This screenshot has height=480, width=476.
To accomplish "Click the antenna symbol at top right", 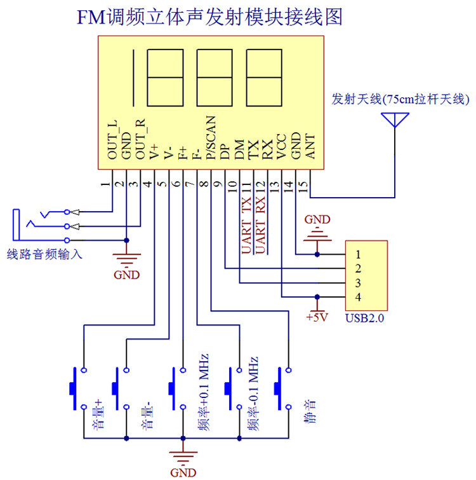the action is [x=395, y=120].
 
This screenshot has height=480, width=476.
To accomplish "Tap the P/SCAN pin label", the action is [x=211, y=138].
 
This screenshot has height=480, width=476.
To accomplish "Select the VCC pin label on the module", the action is [x=281, y=147].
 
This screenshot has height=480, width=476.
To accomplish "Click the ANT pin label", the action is [x=310, y=147].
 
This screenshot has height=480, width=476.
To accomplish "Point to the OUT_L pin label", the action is [x=112, y=140].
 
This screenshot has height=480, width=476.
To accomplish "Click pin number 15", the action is [x=303, y=186].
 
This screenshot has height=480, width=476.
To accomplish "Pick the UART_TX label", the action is [x=246, y=225].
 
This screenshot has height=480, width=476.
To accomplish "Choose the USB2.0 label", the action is [x=364, y=318].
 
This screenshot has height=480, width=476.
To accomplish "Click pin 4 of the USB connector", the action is [x=358, y=297].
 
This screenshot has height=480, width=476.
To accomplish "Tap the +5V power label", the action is [x=317, y=317].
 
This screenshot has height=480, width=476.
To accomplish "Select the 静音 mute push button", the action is [x=282, y=388].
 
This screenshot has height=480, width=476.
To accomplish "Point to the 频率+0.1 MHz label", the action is [x=204, y=392].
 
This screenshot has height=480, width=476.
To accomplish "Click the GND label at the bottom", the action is [x=183, y=473].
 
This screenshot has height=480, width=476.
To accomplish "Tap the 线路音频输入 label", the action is [x=44, y=254].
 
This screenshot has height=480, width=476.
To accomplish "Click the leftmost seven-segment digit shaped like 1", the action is [x=133, y=78].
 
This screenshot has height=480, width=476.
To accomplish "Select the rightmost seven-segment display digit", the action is [x=264, y=78].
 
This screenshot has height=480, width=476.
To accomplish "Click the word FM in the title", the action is [x=91, y=17].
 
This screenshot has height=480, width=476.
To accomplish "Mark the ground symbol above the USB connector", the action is [x=317, y=237].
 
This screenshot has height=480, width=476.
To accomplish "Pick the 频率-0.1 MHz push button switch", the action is [x=233, y=388].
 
